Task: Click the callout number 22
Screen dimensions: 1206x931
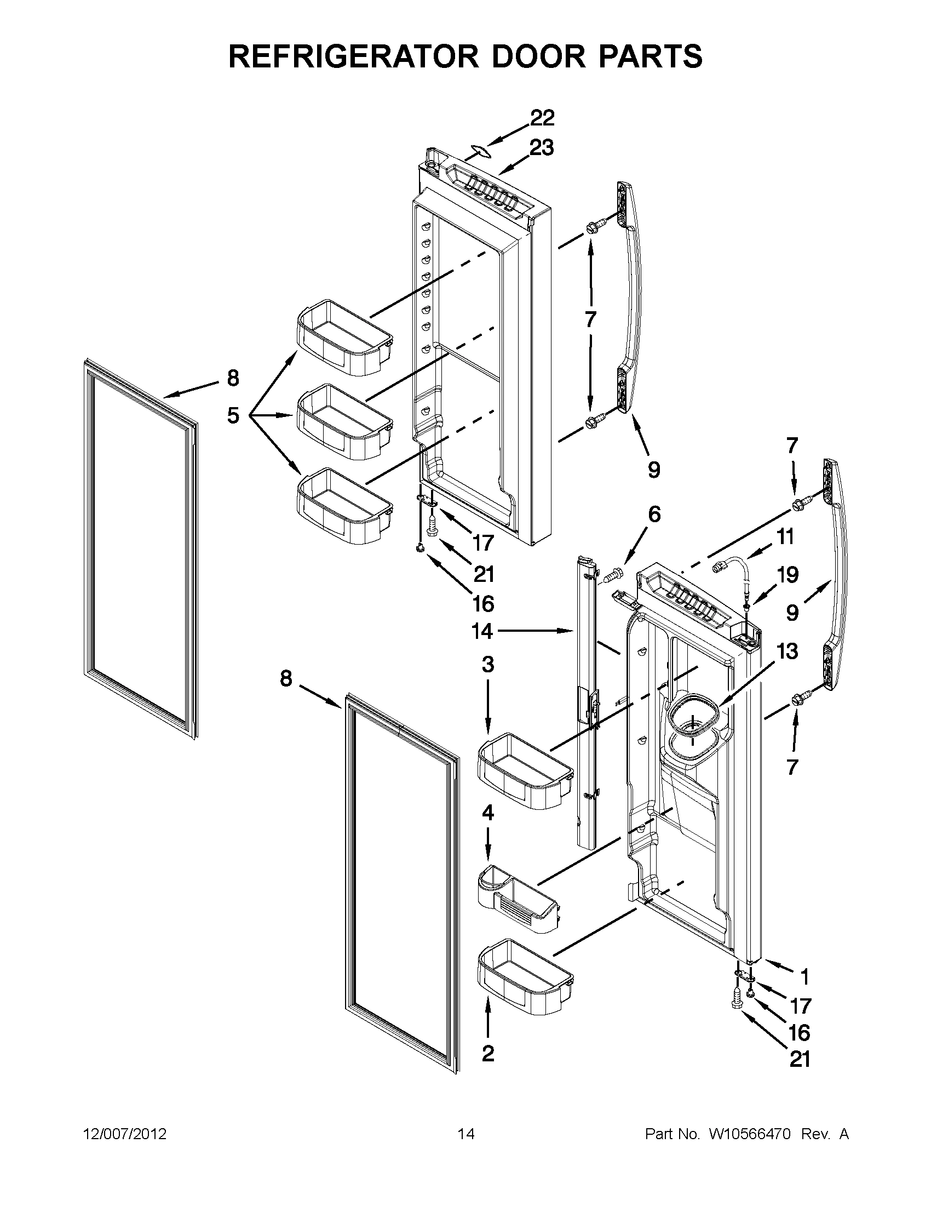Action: click(542, 118)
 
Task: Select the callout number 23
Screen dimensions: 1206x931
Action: click(542, 148)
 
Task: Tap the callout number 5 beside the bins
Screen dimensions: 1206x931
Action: click(233, 415)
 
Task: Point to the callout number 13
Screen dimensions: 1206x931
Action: click(787, 651)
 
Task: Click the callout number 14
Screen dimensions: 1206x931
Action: click(482, 631)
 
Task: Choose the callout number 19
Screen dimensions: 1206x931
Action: click(788, 575)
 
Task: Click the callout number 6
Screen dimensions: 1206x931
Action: click(653, 515)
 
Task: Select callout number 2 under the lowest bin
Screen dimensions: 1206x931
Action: click(488, 1054)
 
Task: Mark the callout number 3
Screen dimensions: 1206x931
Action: click(488, 665)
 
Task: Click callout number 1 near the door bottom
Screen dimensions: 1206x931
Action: click(804, 977)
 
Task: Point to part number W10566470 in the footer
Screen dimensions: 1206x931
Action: click(750, 1134)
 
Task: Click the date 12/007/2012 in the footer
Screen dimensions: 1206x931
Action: click(125, 1134)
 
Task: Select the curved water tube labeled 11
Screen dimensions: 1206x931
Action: click(731, 569)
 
